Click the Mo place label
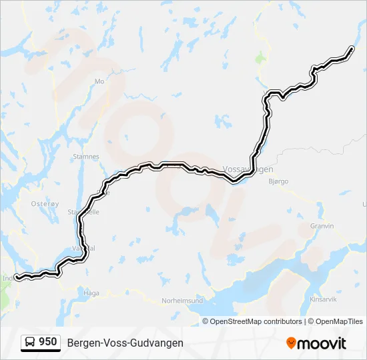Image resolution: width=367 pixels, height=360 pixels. (x=100, y=81)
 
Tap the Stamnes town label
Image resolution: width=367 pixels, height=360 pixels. (x=85, y=157)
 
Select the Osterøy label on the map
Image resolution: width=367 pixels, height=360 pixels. (x=45, y=204)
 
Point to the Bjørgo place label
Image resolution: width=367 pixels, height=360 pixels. (x=278, y=181)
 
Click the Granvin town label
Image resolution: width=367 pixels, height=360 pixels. (x=322, y=226)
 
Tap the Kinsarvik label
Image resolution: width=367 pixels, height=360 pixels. (x=324, y=300)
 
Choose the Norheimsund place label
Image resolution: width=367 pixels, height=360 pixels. (x=183, y=301)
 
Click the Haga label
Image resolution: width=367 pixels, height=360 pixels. (x=91, y=293)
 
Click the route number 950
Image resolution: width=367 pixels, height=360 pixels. (x=47, y=342)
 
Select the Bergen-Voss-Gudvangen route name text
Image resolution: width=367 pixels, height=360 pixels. (x=125, y=343)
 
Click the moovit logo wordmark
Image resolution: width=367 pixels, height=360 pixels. (x=322, y=343)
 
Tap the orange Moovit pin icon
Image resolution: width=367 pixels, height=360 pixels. (x=291, y=343)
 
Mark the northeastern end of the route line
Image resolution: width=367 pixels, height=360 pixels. (x=352, y=48)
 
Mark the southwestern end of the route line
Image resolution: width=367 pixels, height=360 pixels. (x=17, y=277)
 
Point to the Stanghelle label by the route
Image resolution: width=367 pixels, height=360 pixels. (x=83, y=212)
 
